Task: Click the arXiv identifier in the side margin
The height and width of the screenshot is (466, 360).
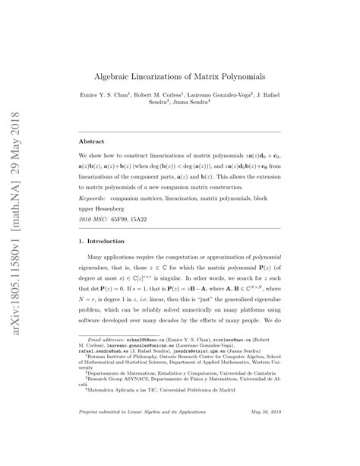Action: pos(17,175)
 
